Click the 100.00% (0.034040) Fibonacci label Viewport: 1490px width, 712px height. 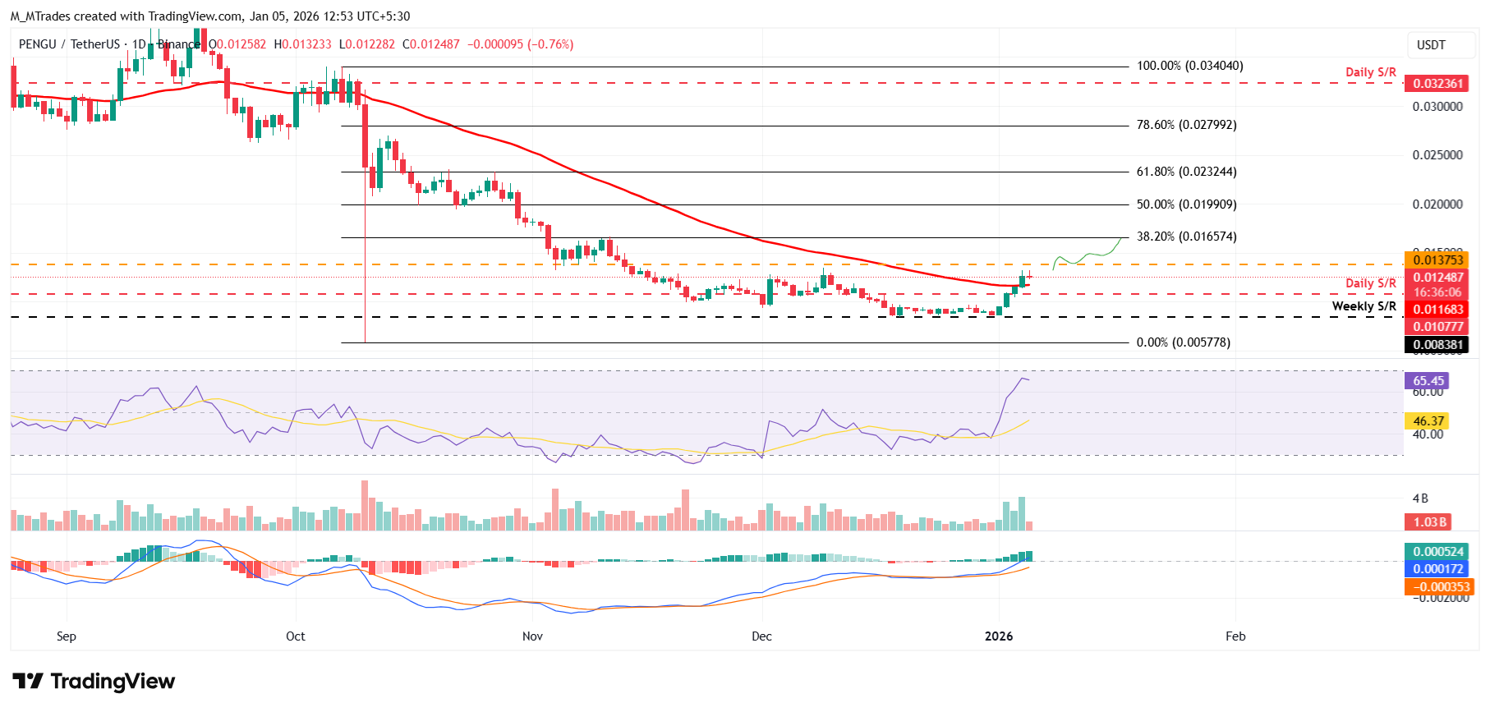1189,66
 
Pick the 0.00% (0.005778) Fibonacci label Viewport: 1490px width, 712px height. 1183,342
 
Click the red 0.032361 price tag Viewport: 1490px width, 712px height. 1437,84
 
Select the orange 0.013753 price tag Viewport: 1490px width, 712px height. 1437,260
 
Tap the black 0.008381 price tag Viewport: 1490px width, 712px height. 1437,345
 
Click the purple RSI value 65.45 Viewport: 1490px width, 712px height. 1428,381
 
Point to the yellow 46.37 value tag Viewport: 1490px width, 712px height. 1428,421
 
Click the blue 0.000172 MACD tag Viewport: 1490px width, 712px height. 1437,569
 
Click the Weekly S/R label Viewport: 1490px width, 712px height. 1364,306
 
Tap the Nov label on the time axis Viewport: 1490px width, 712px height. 532,636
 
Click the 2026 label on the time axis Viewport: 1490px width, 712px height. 999,636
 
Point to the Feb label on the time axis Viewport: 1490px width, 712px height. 1235,636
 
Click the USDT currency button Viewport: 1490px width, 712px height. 1431,45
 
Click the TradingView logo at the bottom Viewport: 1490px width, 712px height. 94,682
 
